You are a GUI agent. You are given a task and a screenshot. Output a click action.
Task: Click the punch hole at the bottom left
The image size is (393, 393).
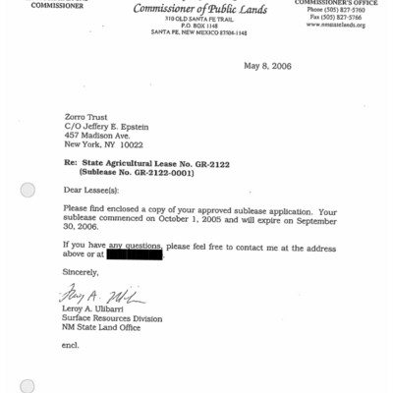click(x=28, y=386)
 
